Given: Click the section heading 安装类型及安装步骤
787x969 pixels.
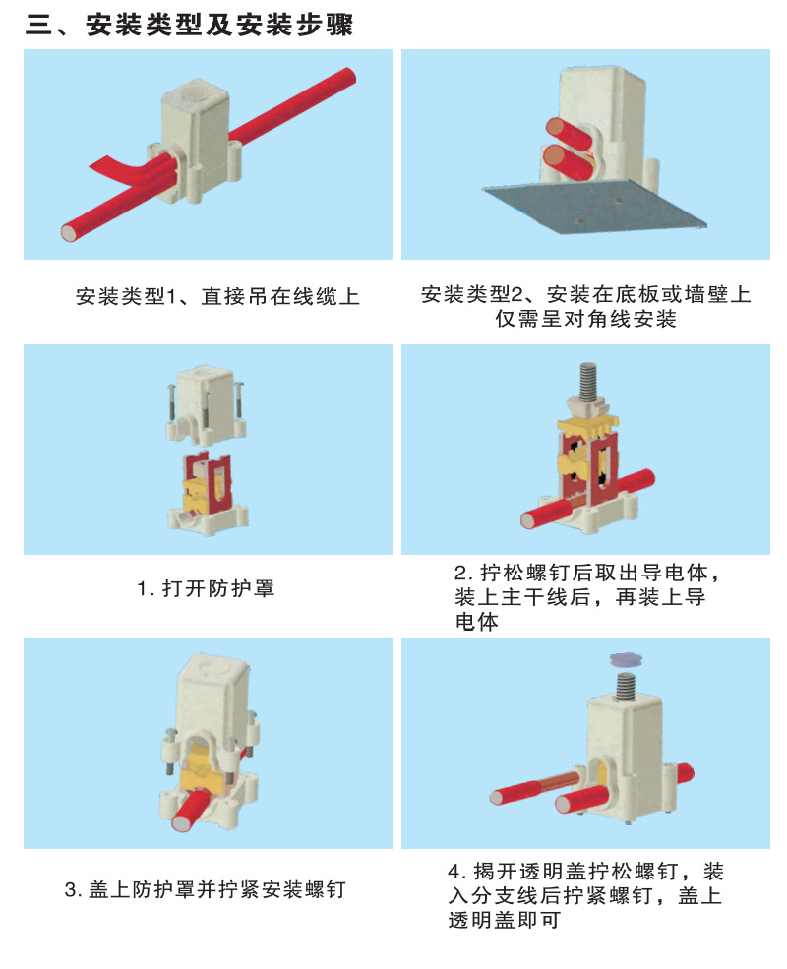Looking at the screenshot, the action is (x=219, y=25).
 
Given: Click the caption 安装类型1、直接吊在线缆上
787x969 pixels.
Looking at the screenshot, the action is (x=217, y=296).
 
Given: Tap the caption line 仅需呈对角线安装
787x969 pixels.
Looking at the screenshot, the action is (x=585, y=319).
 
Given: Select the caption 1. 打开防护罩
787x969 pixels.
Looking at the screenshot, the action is (x=205, y=588).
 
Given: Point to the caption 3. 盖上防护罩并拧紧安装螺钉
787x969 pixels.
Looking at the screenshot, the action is (x=205, y=889).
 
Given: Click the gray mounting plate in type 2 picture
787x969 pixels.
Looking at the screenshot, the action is (x=594, y=208).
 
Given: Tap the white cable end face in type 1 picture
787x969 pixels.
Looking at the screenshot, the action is (x=69, y=232).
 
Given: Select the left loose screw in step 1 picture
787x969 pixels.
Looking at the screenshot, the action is (x=171, y=403).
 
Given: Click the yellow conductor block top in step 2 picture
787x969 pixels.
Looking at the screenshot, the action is (x=587, y=425).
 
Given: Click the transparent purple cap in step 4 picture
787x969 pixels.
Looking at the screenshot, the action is (x=625, y=660).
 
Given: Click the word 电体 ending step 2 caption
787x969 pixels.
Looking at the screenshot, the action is (x=476, y=621).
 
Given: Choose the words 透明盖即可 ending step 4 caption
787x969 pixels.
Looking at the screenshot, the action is (x=505, y=920).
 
